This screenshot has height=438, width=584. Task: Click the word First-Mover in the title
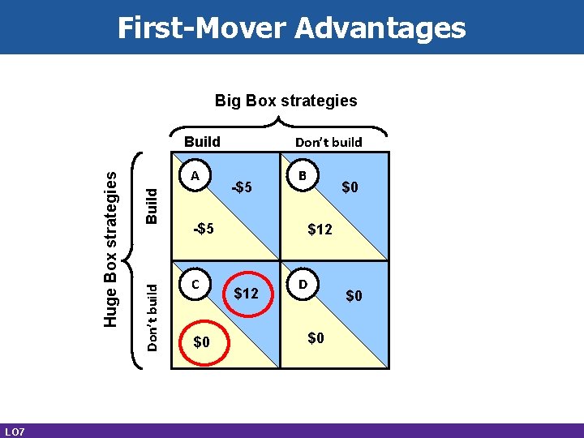pos(201,28)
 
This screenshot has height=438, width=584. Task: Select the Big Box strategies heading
pos(286,101)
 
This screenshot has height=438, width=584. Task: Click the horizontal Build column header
pos(203,141)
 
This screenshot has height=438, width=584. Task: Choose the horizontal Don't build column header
pos(328,142)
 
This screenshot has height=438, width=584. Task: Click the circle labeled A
pos(195,176)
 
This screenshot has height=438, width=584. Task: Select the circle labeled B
pos(303,175)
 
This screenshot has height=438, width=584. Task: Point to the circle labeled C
pos(195,285)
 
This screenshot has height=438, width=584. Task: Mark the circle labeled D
pos(303,285)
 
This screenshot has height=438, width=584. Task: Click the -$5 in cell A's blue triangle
pos(242,188)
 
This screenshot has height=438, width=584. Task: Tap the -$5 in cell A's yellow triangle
pos(203,229)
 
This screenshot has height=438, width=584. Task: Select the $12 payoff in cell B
pos(320,230)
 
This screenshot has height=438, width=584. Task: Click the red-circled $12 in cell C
pos(246,293)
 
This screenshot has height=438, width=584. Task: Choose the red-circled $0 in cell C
pos(201,342)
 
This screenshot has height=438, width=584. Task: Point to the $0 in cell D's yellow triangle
pos(316,337)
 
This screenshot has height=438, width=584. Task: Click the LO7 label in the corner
pos(14,431)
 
